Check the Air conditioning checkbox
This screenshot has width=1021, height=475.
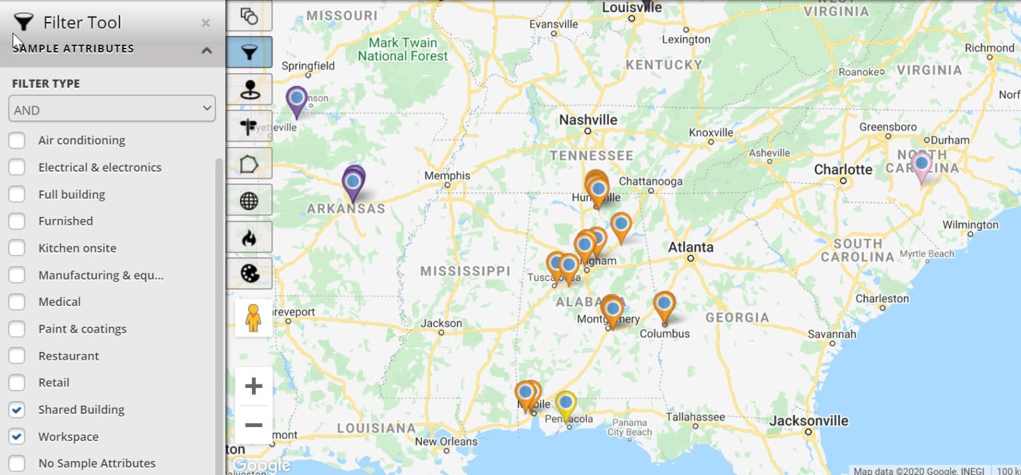17,140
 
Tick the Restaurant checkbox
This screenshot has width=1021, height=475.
17,356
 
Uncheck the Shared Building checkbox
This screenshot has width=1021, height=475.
17,410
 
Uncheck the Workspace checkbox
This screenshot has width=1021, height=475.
17,437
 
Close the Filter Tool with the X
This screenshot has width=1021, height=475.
205,23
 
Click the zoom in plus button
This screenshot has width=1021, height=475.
253,387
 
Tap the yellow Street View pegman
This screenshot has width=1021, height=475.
253,318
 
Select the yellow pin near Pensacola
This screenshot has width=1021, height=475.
566,403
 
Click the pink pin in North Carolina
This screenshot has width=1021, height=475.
921,164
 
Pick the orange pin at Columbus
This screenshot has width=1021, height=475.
664,305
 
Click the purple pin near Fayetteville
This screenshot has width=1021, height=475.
296,99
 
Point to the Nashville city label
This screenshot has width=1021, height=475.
588,120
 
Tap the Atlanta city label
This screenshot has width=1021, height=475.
691,247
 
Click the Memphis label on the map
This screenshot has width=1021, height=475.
447,176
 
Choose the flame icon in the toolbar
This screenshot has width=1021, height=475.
249,237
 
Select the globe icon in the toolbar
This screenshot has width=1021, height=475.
249,201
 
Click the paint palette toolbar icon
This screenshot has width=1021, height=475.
249,273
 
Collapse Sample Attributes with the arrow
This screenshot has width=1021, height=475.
207,50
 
